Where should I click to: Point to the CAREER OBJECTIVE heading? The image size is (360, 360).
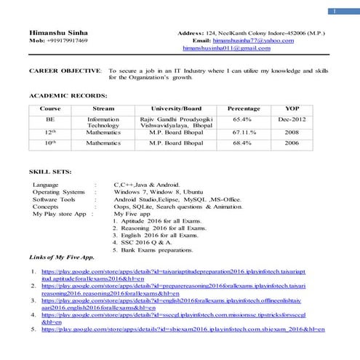[x=65, y=71]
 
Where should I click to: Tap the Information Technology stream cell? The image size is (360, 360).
[x=103, y=121]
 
